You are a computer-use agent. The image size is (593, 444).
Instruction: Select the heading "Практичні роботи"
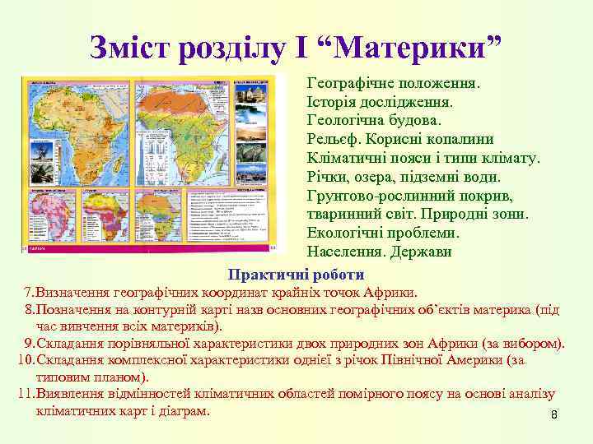[296, 274]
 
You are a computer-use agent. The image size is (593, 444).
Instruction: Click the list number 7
[28, 292]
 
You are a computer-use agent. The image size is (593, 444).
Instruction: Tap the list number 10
[25, 360]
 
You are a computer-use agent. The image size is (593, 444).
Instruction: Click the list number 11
[25, 395]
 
